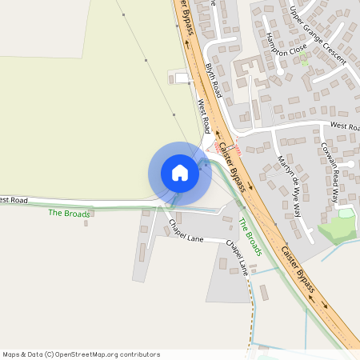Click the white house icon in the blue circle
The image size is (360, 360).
[179, 172]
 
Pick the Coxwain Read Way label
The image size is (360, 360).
[331, 172]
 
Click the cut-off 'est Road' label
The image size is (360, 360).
[14, 199]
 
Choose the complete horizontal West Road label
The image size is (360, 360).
[345, 126]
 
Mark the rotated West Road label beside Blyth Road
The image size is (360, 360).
[204, 116]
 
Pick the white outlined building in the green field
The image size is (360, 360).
[182, 78]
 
